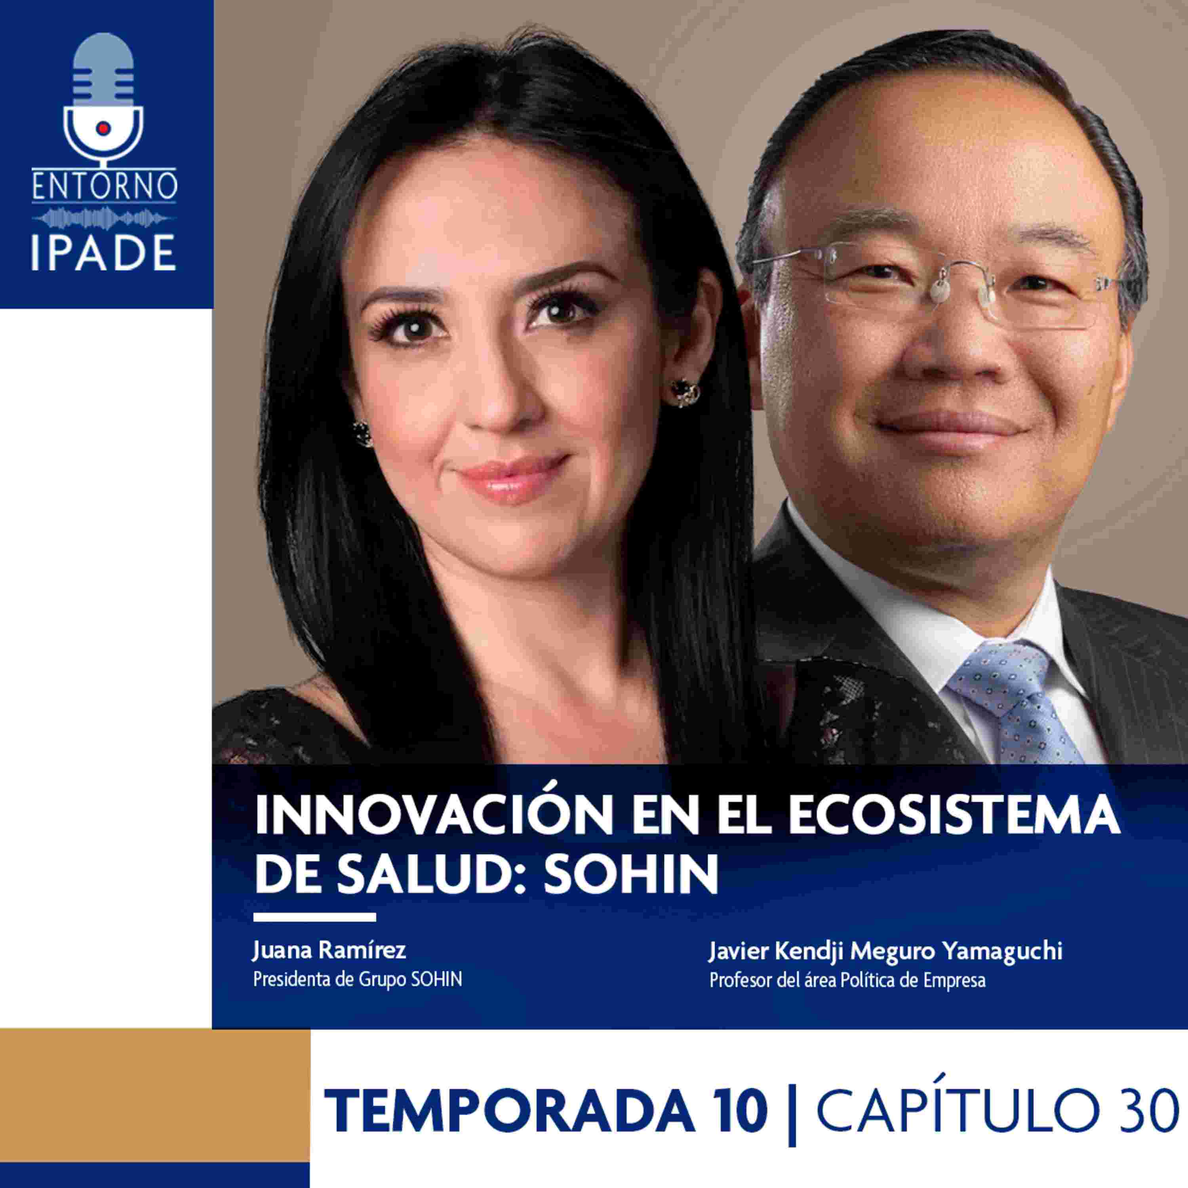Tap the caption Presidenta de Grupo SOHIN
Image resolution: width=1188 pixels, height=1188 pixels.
[x=357, y=980]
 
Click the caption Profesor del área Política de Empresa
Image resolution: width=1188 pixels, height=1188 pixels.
[x=847, y=980]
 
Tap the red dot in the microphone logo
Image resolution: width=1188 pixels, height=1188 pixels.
[x=104, y=127]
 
